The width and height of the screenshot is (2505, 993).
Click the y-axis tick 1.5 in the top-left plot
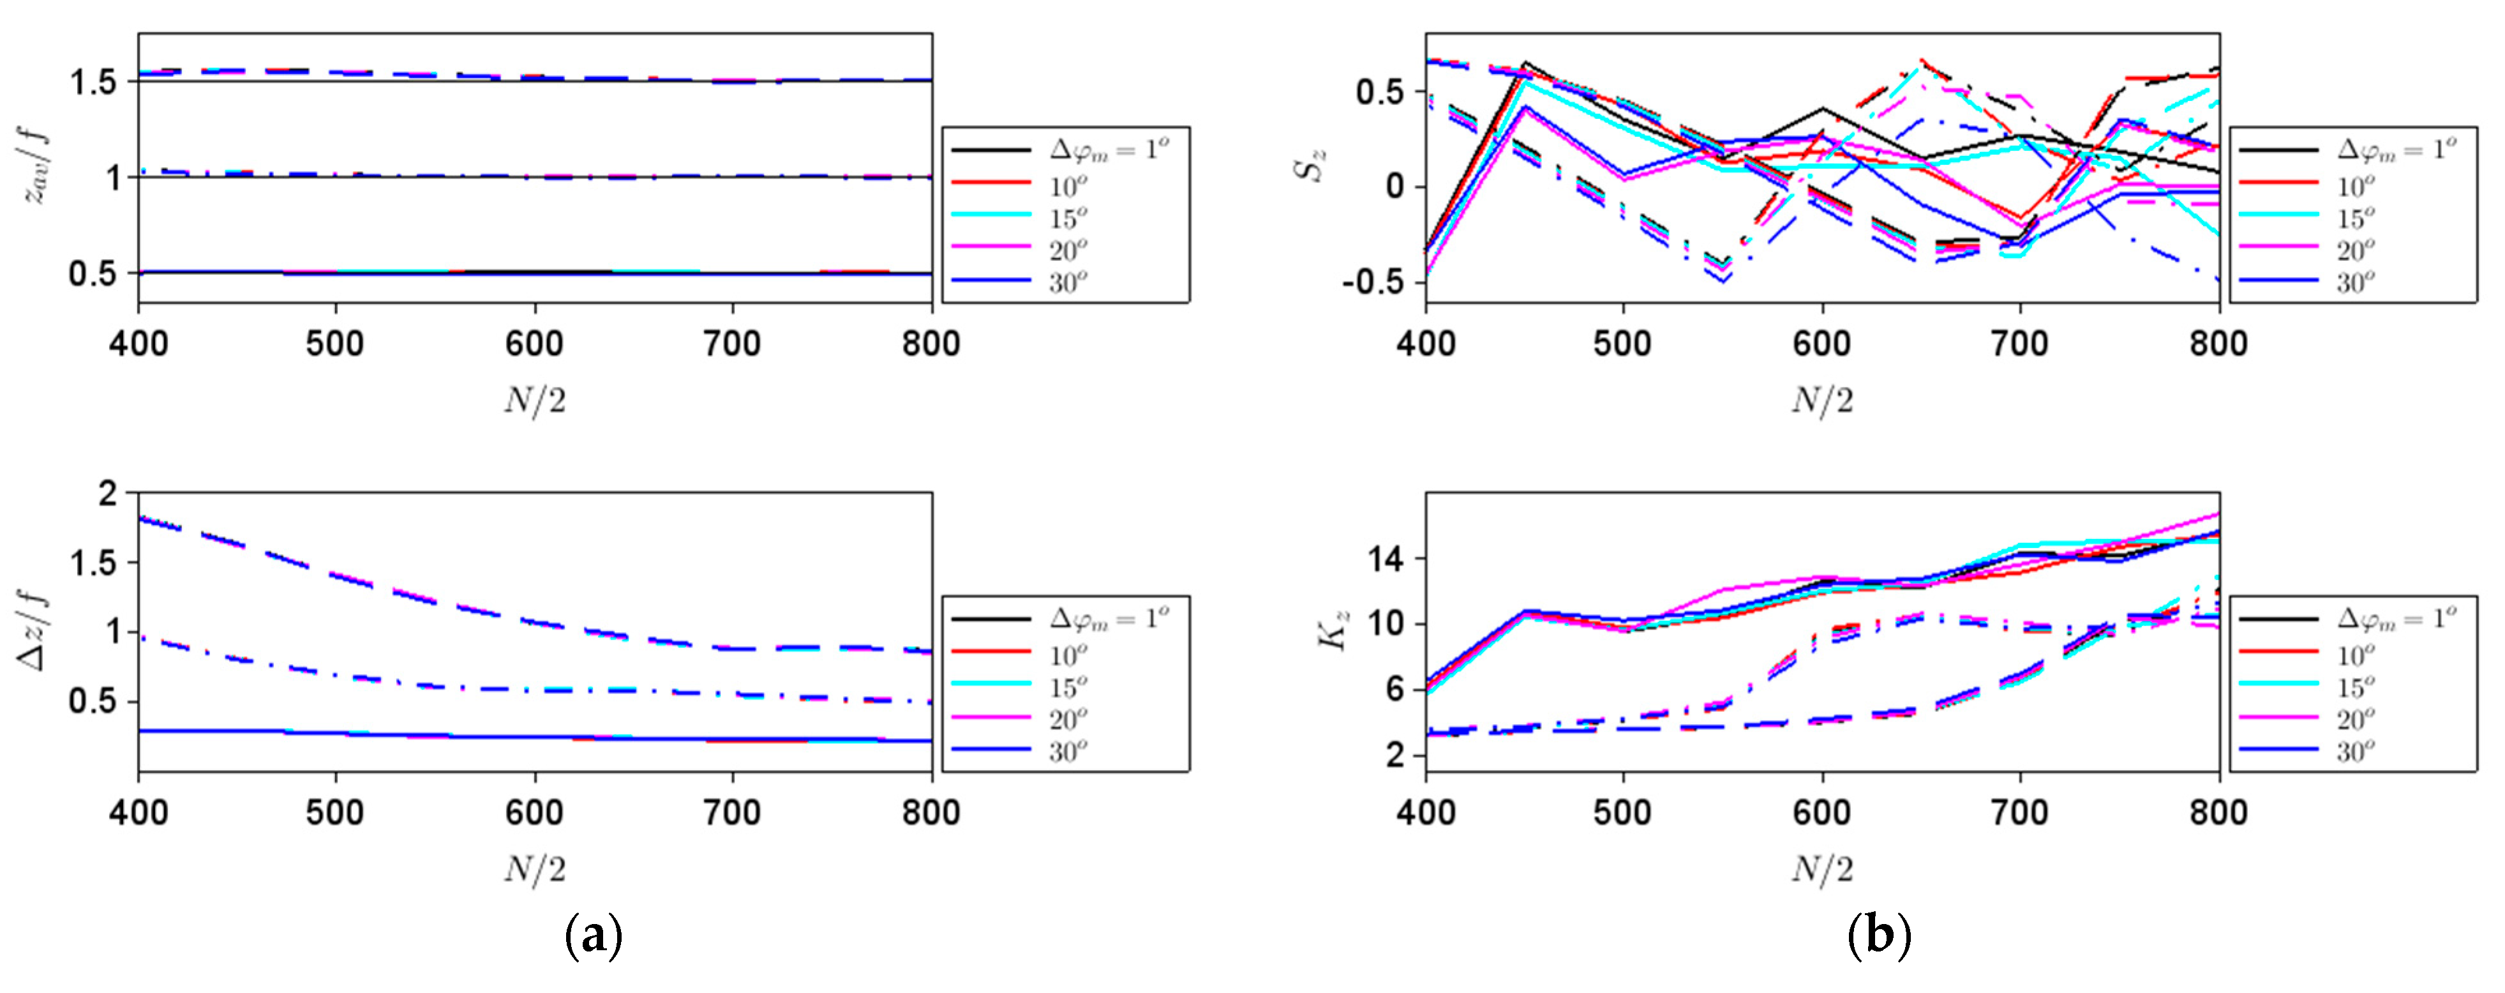(93, 82)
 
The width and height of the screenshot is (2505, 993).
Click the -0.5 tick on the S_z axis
(1373, 283)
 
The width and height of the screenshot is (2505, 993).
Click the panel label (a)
(593, 936)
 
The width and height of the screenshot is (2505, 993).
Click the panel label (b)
(1879, 936)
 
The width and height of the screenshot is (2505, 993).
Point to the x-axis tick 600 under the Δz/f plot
(534, 813)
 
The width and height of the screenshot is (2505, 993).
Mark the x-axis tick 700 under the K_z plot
(2021, 813)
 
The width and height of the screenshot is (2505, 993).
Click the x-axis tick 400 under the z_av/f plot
(138, 344)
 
